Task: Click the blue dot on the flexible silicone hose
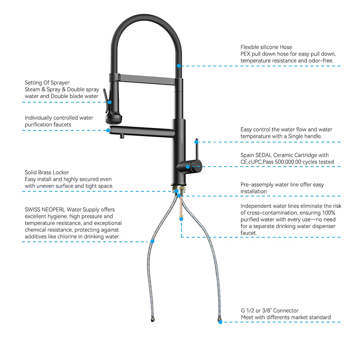(179, 66)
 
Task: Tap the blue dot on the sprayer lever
(110, 102)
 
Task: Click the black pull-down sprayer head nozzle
(114, 119)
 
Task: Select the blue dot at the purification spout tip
(108, 130)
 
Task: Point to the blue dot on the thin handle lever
(196, 142)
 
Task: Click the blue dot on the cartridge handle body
(188, 167)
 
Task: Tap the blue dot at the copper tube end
(181, 219)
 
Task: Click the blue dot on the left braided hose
(153, 241)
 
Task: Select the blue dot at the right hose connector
(220, 322)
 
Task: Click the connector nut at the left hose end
(153, 320)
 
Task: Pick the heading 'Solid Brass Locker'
(47, 172)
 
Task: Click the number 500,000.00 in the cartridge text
(288, 162)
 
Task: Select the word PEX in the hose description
(245, 54)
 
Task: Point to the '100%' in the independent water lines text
(329, 213)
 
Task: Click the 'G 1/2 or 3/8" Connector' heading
(270, 311)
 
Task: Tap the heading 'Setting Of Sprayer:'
(47, 83)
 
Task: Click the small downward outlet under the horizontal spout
(122, 136)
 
